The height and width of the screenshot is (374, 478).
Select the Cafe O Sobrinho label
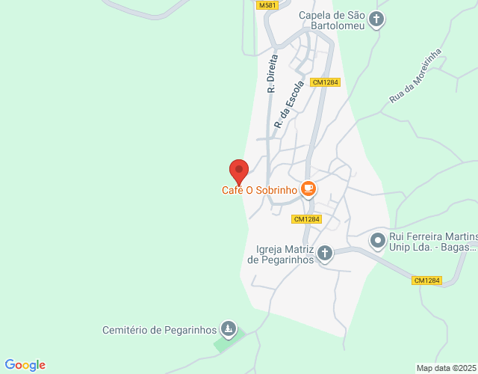coord(260,190)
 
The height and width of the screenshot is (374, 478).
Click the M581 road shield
coord(267,5)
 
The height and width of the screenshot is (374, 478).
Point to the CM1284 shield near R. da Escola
coord(326,82)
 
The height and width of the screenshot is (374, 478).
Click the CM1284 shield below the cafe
coord(307,219)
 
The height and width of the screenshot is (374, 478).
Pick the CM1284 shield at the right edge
coord(426,280)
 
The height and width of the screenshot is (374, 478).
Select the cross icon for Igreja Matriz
coord(324,254)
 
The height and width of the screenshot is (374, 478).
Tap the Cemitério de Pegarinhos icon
coord(229,329)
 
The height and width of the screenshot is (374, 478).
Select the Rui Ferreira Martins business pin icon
coord(378,241)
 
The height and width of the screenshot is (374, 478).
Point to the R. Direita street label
coord(272,73)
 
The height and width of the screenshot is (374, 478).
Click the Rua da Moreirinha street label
coord(415,76)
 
